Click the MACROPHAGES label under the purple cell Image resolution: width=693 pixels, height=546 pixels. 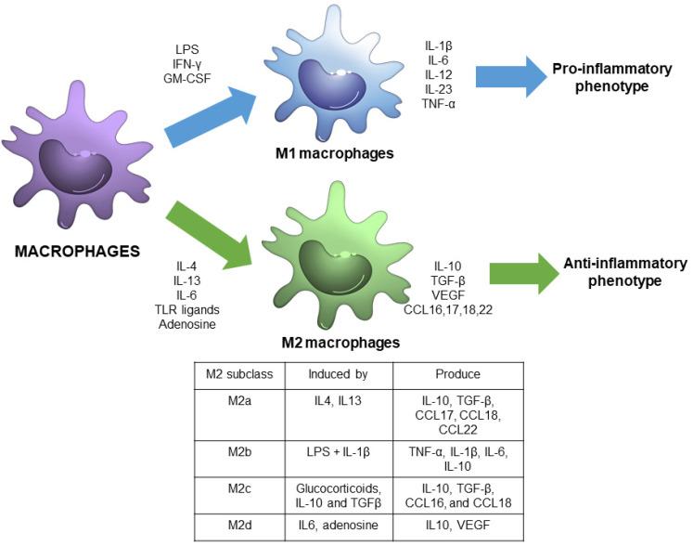tap(77, 252)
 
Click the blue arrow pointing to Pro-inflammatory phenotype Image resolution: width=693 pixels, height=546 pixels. tap(511, 76)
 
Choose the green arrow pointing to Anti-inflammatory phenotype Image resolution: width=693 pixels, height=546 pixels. tap(524, 273)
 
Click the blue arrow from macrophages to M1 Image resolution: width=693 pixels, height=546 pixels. tap(210, 116)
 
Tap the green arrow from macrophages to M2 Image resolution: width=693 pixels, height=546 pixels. tap(209, 235)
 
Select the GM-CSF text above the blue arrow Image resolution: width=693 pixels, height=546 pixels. tap(187, 78)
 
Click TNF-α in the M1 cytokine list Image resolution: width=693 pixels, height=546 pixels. tap(439, 104)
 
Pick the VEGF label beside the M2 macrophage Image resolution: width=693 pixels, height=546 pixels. tap(448, 295)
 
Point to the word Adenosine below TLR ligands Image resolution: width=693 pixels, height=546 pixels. tap(187, 324)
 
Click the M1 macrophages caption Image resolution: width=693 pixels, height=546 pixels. tap(335, 153)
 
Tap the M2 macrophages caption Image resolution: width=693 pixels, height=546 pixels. tap(340, 343)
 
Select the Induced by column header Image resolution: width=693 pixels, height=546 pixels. tap(338, 374)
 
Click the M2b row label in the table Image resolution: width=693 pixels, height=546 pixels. tap(239, 452)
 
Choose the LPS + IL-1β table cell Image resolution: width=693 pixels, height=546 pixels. tap(339, 452)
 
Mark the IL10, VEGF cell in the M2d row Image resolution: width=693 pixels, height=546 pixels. tap(458, 526)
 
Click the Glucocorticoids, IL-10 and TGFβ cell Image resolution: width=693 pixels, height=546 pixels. tap(339, 496)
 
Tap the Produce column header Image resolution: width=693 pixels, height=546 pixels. tap(458, 374)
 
